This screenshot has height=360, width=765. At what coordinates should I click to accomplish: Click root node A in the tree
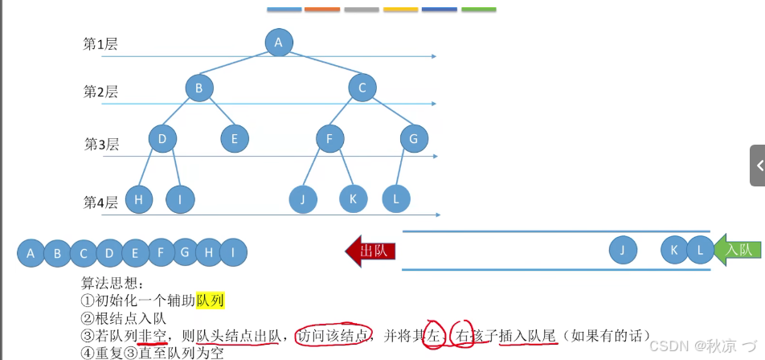[278, 43]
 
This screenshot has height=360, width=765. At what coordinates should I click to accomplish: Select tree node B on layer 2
[198, 88]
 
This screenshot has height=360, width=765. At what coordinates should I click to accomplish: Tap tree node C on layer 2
[362, 88]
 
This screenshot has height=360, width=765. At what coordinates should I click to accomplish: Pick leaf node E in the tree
[235, 138]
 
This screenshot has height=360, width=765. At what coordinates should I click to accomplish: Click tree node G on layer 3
[414, 138]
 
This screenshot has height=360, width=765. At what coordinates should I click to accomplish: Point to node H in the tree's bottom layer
[139, 198]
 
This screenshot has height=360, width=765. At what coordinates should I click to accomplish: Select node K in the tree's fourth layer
[353, 198]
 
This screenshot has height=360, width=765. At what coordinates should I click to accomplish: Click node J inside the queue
[622, 250]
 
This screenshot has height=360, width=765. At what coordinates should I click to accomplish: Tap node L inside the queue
[700, 250]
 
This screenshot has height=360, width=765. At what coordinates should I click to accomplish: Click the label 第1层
[100, 44]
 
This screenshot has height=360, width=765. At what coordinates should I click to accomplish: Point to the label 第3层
[101, 145]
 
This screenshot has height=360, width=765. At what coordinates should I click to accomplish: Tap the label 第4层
[100, 202]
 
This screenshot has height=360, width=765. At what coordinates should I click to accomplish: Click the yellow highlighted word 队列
[210, 301]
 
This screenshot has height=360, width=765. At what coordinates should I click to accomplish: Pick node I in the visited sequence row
[233, 254]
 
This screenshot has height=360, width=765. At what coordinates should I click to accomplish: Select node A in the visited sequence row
[31, 254]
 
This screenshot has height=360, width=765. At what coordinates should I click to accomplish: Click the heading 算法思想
[112, 283]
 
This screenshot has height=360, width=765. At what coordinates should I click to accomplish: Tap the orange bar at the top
[322, 10]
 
